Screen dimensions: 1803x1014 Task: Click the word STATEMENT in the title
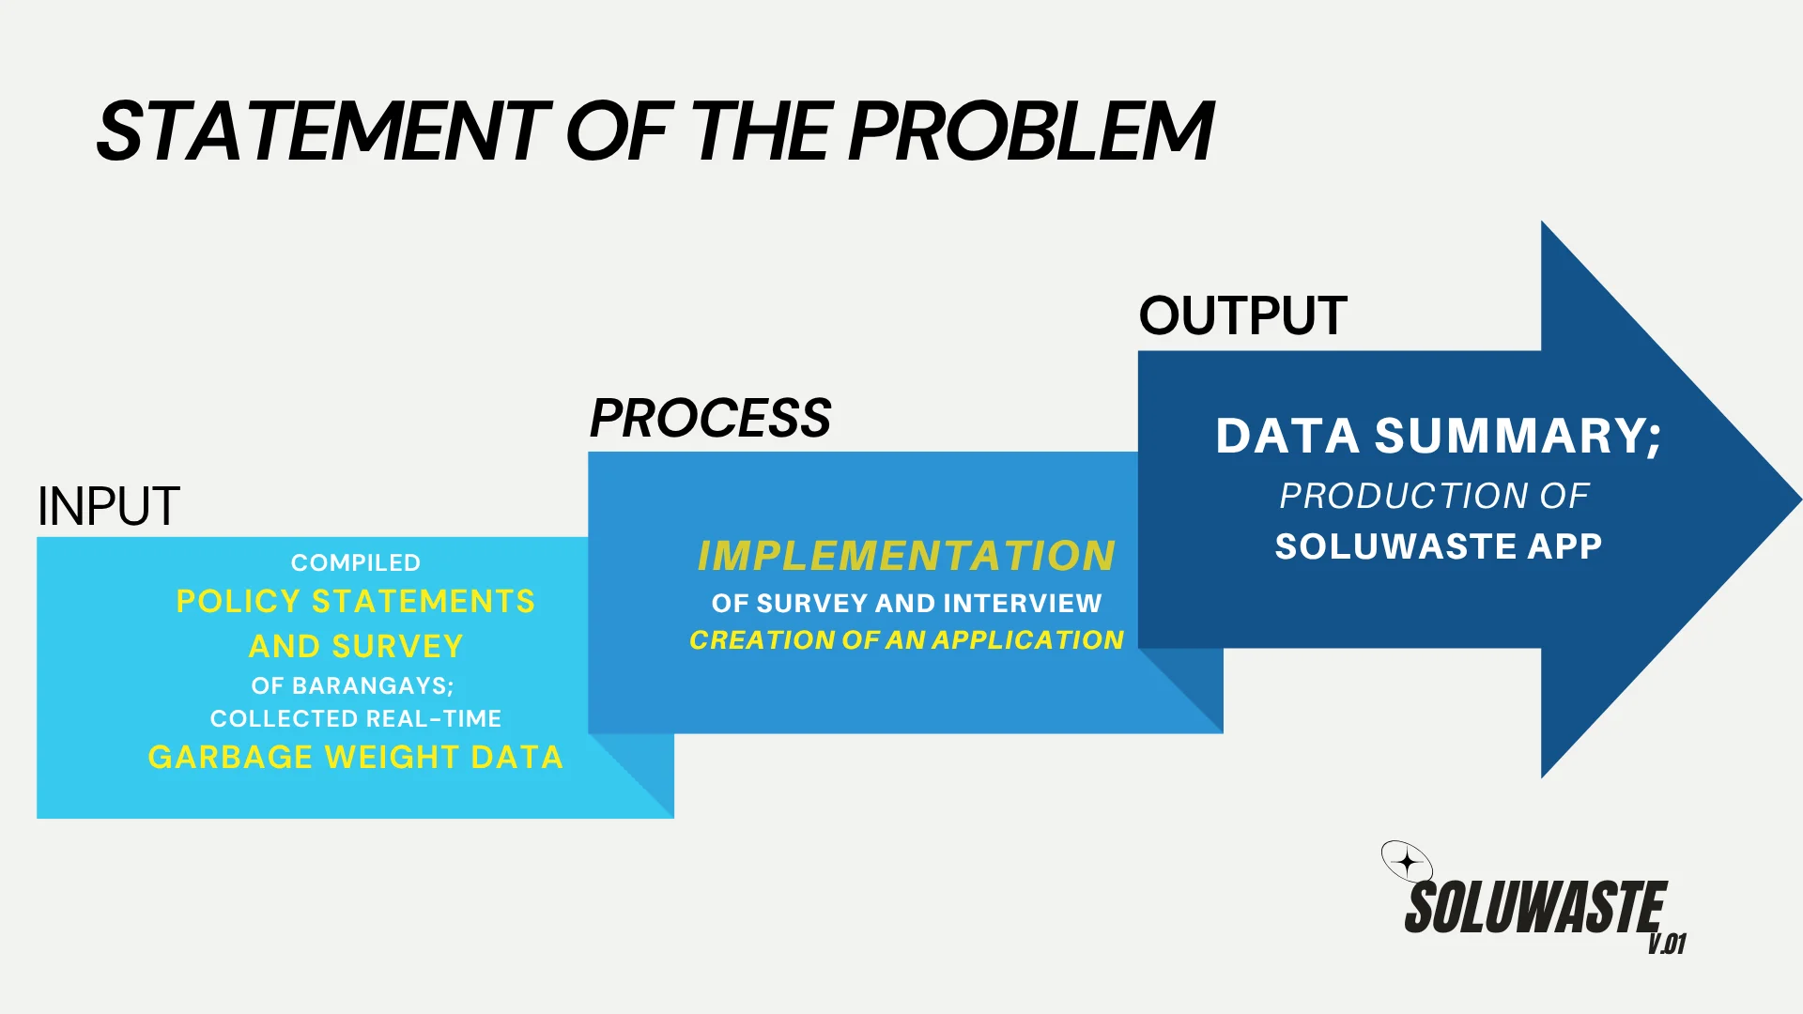coord(323,131)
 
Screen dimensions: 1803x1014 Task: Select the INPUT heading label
coord(108,507)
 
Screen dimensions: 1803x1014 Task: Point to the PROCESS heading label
coord(711,419)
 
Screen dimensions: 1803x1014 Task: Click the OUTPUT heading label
coord(1243,315)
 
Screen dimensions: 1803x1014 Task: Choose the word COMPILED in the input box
coord(356,562)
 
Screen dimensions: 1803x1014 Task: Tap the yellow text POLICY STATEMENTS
coord(356,601)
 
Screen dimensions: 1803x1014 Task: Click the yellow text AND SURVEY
coord(356,646)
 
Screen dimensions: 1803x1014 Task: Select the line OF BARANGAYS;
coord(352,685)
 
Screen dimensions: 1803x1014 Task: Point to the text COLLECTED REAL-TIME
coord(356,718)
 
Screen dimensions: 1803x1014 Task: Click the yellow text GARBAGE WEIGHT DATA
coord(356,757)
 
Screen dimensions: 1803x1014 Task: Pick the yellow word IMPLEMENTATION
coord(906,556)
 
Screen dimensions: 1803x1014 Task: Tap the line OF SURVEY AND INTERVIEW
coord(906,603)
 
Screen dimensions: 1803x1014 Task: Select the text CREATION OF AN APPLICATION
coord(906,639)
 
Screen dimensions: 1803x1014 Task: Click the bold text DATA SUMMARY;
coord(1439,437)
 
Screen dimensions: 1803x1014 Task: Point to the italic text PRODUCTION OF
coord(1434,496)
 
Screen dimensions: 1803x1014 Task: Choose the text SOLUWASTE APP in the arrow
coord(1439,546)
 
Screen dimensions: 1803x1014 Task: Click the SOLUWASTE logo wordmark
coord(1535,907)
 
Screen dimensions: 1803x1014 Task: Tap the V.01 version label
coord(1668,944)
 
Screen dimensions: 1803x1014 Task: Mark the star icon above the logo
coord(1407,861)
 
